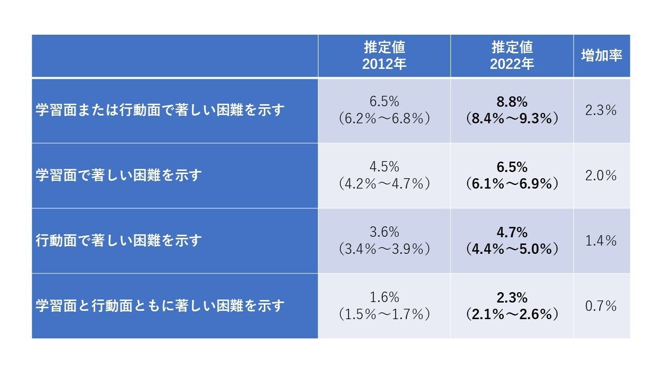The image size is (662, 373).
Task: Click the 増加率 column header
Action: pos(601,56)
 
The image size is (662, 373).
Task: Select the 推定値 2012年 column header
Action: pos(384,55)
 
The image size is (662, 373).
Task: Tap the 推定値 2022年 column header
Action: pos(511,55)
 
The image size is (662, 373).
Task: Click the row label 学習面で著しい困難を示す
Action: pos(118,176)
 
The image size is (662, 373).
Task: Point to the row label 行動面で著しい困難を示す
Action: pos(118,241)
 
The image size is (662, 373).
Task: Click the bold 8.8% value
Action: pos(511,102)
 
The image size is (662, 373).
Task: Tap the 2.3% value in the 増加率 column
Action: pos(601,110)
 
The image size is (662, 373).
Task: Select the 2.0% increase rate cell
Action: pos(601,176)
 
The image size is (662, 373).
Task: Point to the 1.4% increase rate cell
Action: pos(601,241)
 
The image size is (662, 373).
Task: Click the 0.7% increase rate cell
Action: pos(601,306)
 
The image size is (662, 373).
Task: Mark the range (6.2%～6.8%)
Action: pos(384,119)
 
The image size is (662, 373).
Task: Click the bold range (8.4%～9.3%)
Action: pos(511,119)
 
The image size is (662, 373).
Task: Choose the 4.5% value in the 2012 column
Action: pos(384,167)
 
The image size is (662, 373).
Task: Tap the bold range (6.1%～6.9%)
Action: pos(511,184)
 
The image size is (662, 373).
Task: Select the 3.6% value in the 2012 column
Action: pos(384,232)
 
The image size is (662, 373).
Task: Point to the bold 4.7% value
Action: pos(511,232)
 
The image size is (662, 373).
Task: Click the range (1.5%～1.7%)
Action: pos(384,314)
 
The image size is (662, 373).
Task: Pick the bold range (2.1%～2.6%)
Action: pos(511,314)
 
